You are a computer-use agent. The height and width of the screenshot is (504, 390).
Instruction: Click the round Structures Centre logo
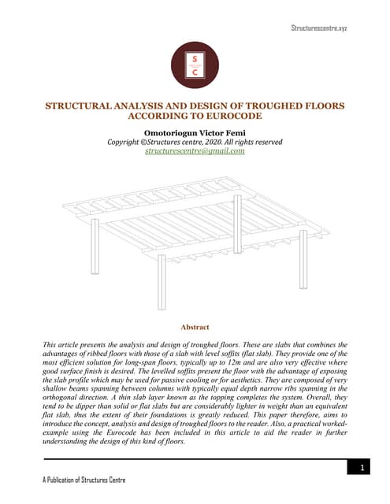pyautogui.click(x=194, y=65)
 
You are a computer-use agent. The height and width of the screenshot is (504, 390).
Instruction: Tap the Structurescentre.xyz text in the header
pyautogui.click(x=319, y=28)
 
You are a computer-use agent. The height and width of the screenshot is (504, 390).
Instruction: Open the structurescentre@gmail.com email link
pyautogui.click(x=195, y=150)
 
